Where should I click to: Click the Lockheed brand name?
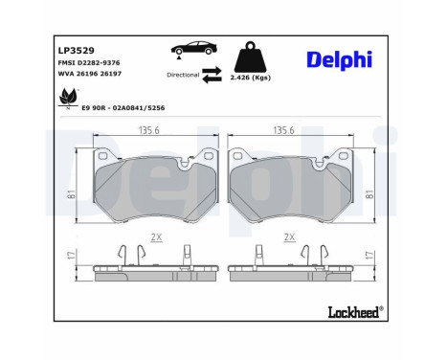pos(352,311)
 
